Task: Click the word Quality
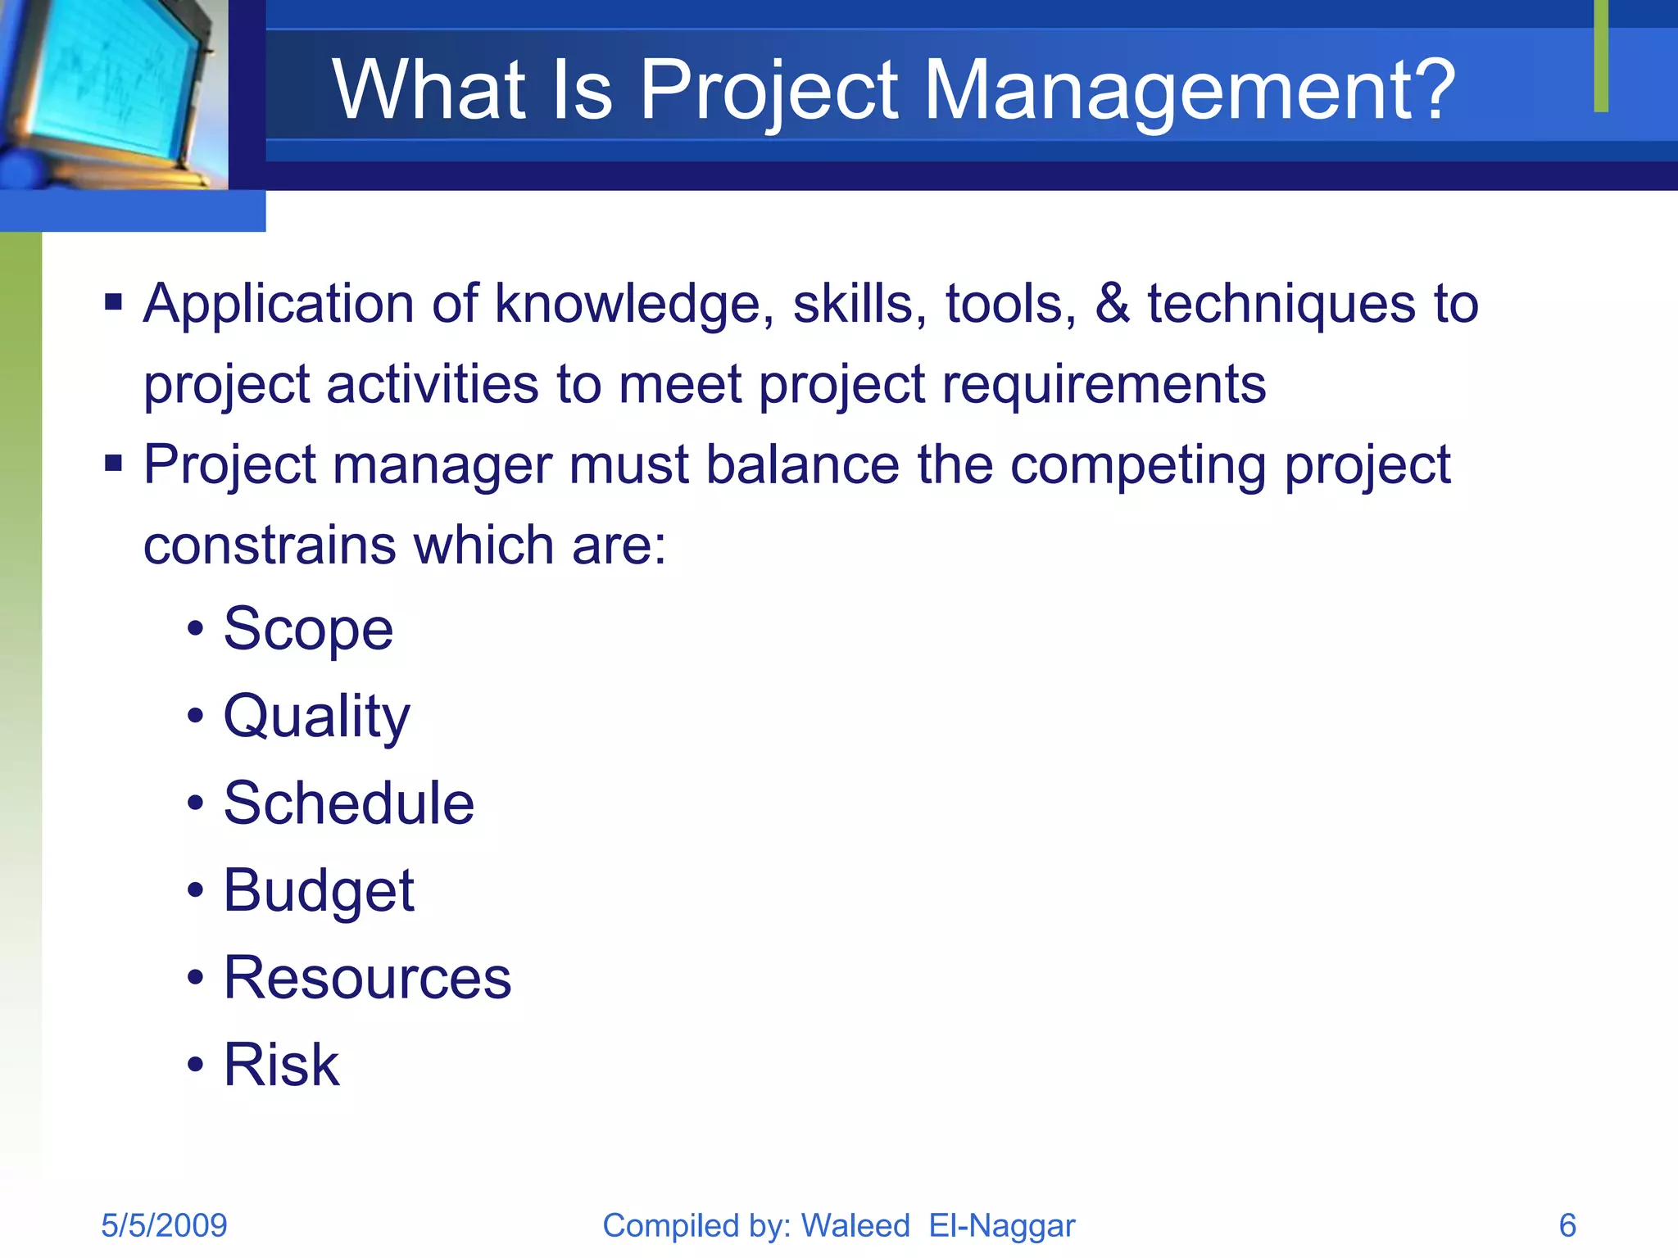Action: (316, 717)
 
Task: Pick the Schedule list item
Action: (348, 803)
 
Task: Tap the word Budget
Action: (319, 891)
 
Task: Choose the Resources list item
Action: (367, 978)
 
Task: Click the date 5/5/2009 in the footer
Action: (164, 1225)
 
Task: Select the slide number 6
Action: (1567, 1225)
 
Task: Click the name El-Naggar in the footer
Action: (1001, 1225)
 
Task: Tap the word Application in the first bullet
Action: (279, 305)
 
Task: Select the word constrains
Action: (270, 545)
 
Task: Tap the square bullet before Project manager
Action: (113, 464)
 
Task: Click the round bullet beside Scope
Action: (195, 629)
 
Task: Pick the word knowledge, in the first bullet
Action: (634, 305)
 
